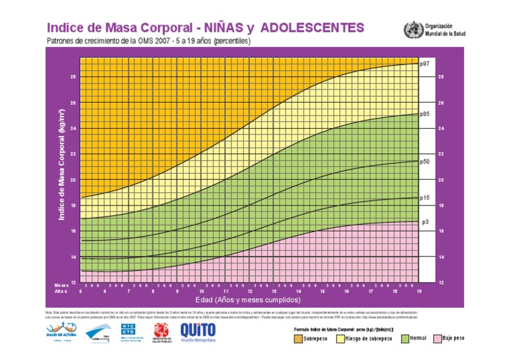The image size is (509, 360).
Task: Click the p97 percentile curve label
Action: pos(425,64)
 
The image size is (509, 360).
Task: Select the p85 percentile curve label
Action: pos(425,114)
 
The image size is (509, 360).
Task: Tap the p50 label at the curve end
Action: pos(425,161)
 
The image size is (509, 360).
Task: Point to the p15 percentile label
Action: pos(425,198)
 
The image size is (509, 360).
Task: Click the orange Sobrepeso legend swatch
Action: pos(297,338)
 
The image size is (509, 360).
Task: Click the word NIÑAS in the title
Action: pos(219,28)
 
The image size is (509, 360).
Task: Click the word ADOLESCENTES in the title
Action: pos(311,28)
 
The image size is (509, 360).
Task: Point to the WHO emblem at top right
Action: pos(412,30)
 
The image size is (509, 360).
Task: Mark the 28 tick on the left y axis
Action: pos(73,77)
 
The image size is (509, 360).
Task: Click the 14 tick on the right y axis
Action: pos(441,257)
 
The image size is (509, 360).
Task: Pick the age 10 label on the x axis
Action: pos(201,291)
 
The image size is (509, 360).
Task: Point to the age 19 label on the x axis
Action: pos(419,291)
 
